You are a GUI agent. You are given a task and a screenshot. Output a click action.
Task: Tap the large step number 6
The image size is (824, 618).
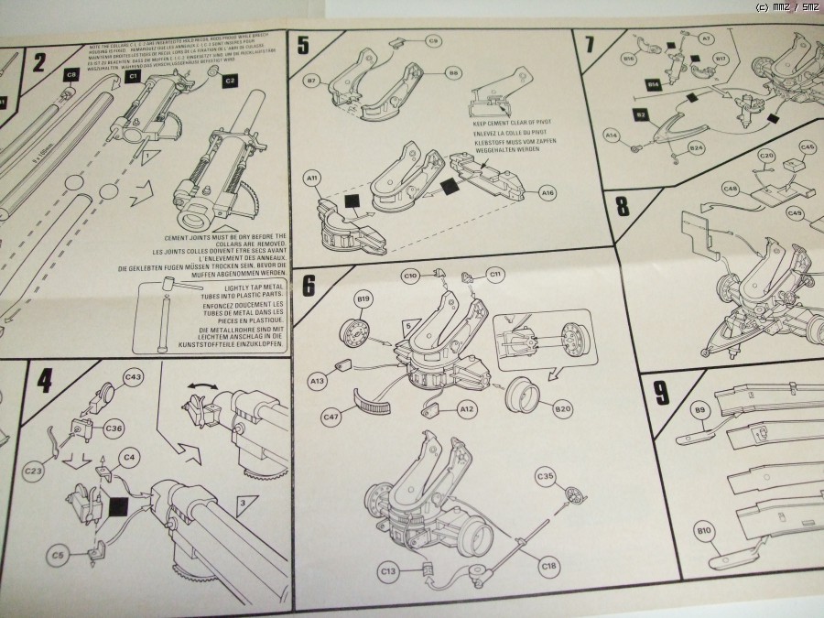coord(309,285)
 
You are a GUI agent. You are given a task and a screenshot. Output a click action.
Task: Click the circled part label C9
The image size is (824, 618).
coord(433,40)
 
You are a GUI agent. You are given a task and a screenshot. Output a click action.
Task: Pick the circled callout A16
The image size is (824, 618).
coord(548,193)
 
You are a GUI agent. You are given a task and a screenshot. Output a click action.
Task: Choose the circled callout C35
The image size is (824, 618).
coord(545,476)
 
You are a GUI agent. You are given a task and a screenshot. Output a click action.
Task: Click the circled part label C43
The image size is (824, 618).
coord(134,377)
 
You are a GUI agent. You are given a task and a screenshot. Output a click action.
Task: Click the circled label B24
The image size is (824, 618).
coord(696,148)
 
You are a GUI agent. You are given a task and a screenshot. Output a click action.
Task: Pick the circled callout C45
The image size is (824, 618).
coord(807,146)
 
